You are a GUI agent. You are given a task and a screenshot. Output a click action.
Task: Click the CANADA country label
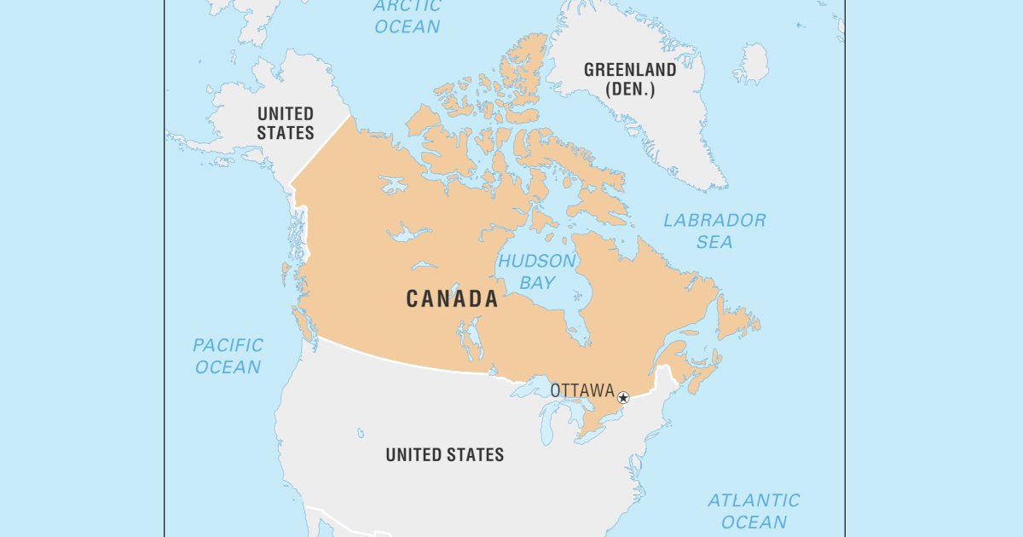pos(452,299)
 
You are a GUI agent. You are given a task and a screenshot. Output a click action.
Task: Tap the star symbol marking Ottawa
pos(623,397)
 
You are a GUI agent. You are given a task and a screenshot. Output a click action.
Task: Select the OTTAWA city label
pos(582,390)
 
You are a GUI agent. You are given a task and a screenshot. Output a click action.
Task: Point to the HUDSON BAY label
pos(537,272)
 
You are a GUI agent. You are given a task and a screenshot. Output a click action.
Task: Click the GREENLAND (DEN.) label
pos(630,79)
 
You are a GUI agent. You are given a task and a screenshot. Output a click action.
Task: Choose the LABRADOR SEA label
pos(714,231)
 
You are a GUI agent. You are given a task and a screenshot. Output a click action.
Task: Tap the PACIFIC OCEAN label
pos(228,356)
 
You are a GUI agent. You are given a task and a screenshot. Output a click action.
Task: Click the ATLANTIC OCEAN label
pos(754,511)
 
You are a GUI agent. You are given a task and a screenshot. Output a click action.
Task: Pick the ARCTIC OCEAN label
pos(407,16)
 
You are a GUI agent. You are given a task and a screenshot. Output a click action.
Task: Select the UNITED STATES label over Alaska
pos(286,123)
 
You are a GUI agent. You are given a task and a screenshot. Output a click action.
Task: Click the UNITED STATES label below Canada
pos(444,455)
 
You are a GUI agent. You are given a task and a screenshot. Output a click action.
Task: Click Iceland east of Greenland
pos(750,64)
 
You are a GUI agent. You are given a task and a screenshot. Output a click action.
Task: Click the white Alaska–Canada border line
pos(320,149)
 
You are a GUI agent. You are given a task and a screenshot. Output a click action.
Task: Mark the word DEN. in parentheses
pos(630,89)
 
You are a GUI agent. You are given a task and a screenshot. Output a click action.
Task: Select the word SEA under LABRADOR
pos(714,242)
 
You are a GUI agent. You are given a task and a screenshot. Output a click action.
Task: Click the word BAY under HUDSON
pos(537,283)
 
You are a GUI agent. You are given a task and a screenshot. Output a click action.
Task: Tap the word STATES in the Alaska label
pos(286,133)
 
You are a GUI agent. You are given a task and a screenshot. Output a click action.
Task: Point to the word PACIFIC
pos(228,345)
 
